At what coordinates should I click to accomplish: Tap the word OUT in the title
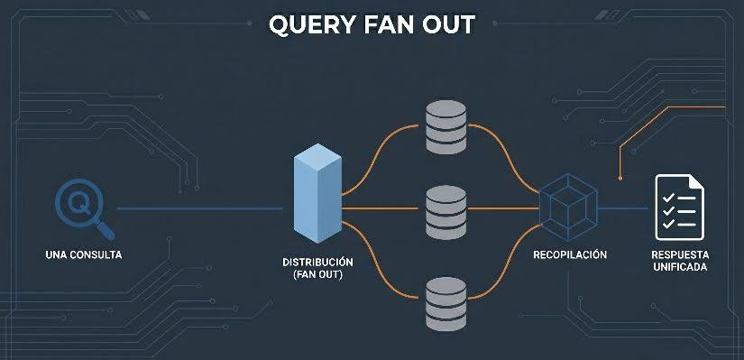pyautogui.click(x=445, y=24)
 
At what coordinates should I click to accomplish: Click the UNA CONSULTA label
pyautogui.click(x=82, y=255)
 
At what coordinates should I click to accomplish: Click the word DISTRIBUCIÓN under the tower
pyautogui.click(x=317, y=262)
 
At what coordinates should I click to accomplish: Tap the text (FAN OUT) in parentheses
pyautogui.click(x=317, y=275)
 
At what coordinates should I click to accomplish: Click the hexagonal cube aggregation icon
pyautogui.click(x=567, y=207)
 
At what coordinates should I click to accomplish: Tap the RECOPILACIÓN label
pyautogui.click(x=570, y=255)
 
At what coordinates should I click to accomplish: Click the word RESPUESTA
pyautogui.click(x=679, y=254)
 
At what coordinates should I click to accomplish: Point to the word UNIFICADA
pyautogui.click(x=679, y=268)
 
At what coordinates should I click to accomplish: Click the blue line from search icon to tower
pyautogui.click(x=198, y=208)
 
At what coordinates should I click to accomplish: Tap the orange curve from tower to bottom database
pyautogui.click(x=379, y=271)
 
